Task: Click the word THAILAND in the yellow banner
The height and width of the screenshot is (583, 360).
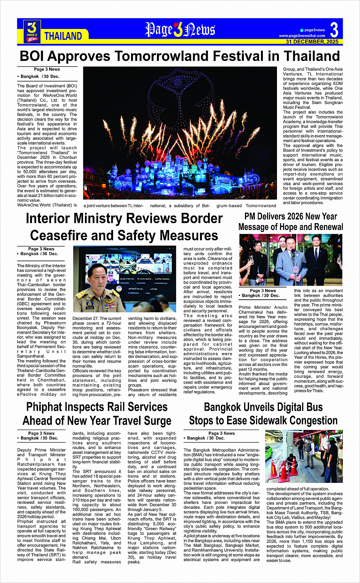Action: click(x=63, y=36)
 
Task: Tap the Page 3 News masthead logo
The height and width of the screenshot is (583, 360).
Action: click(x=180, y=30)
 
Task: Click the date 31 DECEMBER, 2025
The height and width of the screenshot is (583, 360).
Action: click(x=312, y=42)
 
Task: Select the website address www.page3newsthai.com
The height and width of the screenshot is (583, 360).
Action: click(x=302, y=36)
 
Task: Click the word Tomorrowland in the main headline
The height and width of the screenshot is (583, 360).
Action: click(x=162, y=56)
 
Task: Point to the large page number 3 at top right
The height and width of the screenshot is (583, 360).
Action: click(x=334, y=30)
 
